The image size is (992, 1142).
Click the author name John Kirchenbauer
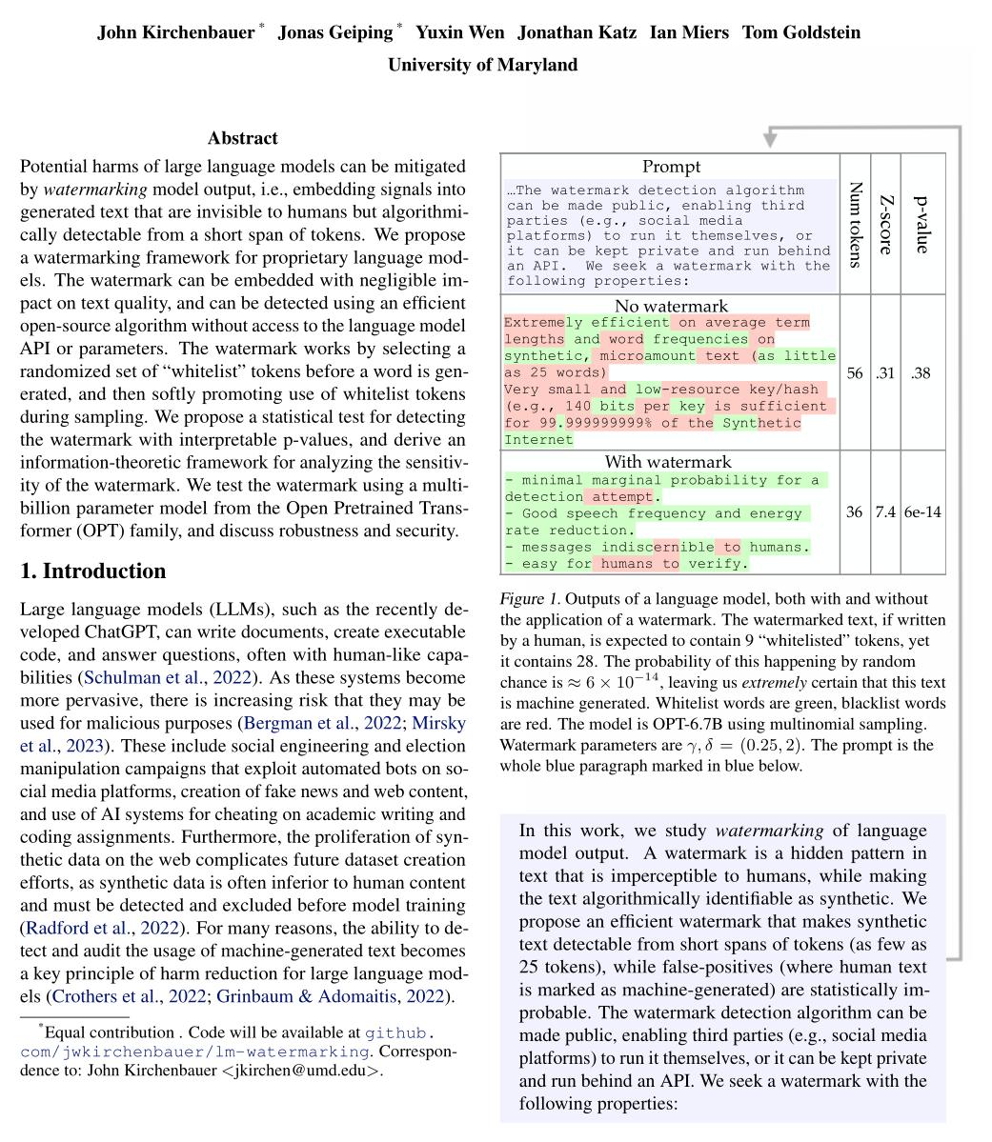coord(175,32)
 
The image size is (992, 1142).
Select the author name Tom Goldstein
coord(800,32)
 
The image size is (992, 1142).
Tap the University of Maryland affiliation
coord(482,65)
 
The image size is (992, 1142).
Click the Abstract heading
coord(243,138)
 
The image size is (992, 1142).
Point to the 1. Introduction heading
coord(92,571)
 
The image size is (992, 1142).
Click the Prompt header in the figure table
coord(671,166)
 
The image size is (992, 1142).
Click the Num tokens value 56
coord(855,373)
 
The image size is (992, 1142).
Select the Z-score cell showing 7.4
coord(885,512)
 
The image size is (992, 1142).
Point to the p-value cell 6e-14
coord(921,512)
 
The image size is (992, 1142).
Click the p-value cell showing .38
coord(921,373)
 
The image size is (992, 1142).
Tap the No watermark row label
coord(671,306)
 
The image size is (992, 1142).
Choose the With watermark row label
coord(671,462)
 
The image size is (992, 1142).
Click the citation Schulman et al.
coord(128,678)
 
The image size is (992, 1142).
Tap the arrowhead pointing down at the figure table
coord(770,141)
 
